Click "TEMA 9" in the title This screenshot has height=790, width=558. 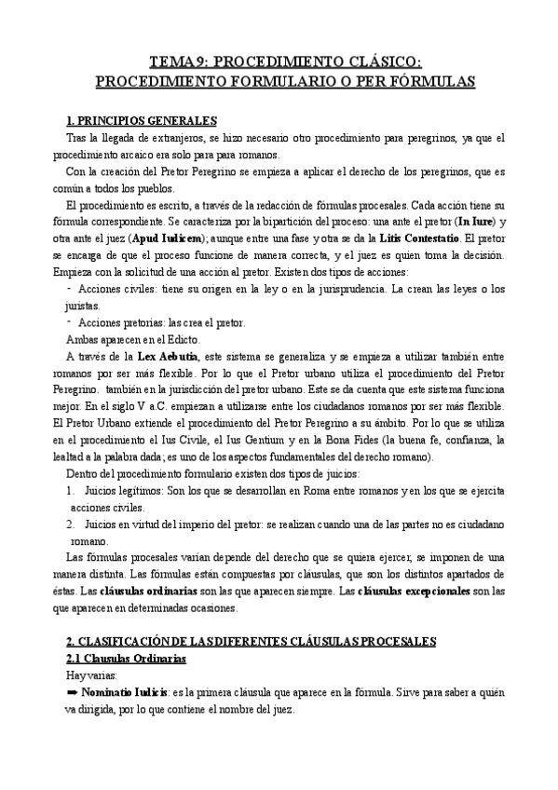click(x=179, y=63)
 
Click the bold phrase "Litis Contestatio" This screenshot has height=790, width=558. click(x=415, y=238)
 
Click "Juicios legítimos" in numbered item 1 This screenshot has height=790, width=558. click(x=130, y=490)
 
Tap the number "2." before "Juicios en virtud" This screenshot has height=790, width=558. click(x=71, y=524)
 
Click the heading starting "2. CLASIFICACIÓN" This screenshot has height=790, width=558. click(x=251, y=643)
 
